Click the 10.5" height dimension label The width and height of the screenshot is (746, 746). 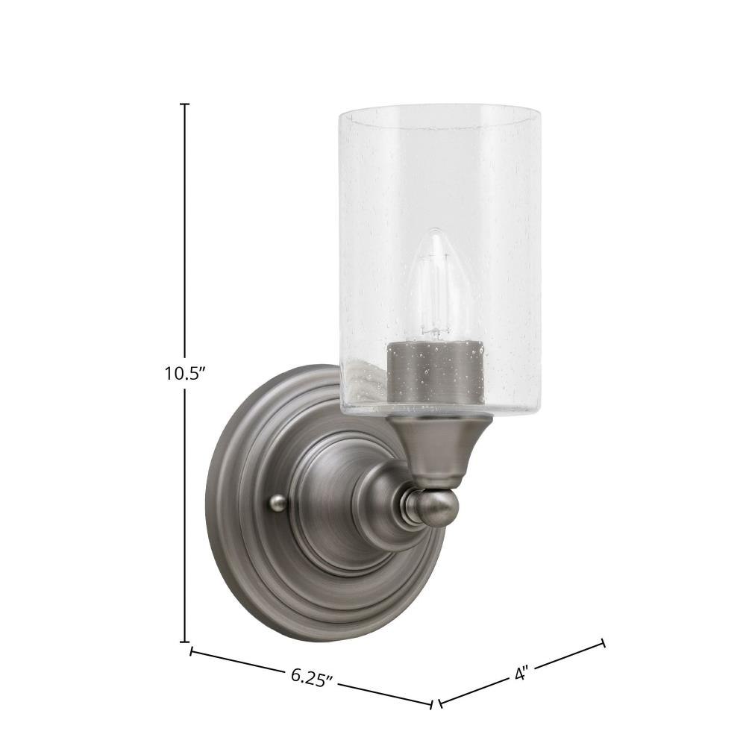[184, 373]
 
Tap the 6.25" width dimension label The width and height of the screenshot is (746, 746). [311, 677]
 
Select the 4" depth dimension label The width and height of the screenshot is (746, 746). [522, 674]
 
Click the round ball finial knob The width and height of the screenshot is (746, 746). [430, 507]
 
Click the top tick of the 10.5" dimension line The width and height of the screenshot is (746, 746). [184, 104]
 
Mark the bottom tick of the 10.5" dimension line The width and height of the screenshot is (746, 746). [184, 642]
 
